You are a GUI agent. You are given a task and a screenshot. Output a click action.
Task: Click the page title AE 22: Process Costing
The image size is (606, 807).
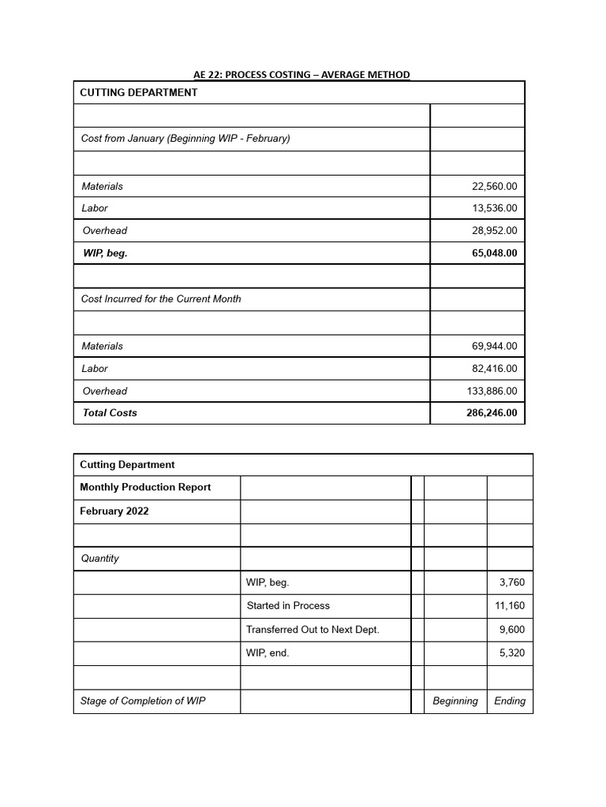[301, 75]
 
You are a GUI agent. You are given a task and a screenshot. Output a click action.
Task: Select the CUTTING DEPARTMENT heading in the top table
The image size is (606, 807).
[139, 93]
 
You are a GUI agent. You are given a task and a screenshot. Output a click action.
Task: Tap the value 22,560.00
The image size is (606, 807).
[494, 187]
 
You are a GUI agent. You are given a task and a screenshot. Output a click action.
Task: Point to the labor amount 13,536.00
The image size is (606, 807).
[494, 209]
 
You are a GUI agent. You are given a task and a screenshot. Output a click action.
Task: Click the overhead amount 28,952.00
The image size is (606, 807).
[494, 231]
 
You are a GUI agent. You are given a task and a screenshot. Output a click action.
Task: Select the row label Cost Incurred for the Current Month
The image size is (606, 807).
[161, 299]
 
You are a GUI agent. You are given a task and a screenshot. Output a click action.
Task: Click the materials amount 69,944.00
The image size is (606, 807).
[494, 347]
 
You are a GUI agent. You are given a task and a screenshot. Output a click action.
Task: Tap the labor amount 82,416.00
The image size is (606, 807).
[494, 369]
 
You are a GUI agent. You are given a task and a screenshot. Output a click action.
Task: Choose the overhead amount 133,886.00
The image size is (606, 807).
[492, 392]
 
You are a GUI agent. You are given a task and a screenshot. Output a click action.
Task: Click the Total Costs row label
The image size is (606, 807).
[110, 413]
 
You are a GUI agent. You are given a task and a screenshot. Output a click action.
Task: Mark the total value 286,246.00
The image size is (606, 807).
[492, 413]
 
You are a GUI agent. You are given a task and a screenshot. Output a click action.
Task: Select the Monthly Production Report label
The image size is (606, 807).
[145, 488]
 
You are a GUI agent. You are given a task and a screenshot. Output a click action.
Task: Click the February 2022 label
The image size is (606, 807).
[114, 511]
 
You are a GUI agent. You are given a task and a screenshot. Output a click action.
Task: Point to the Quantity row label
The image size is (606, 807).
[100, 559]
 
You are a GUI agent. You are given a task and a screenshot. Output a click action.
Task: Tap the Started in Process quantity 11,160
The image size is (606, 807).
[509, 606]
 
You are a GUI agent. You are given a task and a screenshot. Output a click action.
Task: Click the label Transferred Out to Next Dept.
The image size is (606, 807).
[312, 630]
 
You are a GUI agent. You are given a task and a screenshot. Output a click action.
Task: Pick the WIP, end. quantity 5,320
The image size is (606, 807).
[511, 653]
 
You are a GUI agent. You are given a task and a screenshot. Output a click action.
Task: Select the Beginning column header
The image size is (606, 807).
[455, 701]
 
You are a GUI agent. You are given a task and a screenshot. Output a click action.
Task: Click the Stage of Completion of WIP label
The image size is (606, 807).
[143, 701]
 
